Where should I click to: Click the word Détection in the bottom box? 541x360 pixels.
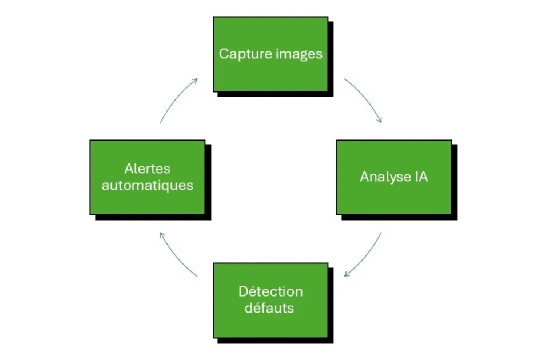click(270, 291)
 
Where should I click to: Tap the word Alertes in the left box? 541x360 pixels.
click(147, 169)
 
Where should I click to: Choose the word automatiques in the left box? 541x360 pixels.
click(147, 186)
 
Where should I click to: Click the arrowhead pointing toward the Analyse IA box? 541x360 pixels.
click(379, 120)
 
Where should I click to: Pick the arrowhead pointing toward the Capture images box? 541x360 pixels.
click(195, 81)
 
